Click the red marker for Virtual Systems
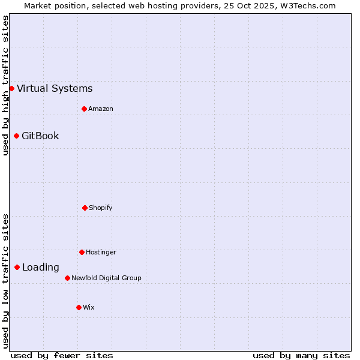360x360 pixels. [11, 89]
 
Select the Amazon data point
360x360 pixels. [84, 109]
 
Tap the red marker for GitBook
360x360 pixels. [16, 136]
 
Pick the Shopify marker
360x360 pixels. [85, 208]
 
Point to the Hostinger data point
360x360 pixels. [82, 252]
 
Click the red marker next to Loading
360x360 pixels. [17, 268]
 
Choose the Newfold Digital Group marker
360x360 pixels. [67, 278]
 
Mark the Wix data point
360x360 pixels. [79, 307]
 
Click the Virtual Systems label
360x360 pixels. [55, 89]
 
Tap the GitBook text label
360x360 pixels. [40, 136]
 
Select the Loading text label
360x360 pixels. [41, 268]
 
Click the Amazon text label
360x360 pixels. [101, 109]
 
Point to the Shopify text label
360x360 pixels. [101, 208]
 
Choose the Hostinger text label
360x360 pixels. [101, 252]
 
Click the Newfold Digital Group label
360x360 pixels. [106, 278]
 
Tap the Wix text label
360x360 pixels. [89, 307]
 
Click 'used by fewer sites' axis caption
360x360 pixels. [62, 355]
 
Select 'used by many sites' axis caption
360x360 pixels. [301, 355]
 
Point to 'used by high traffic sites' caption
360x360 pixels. [5, 85]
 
